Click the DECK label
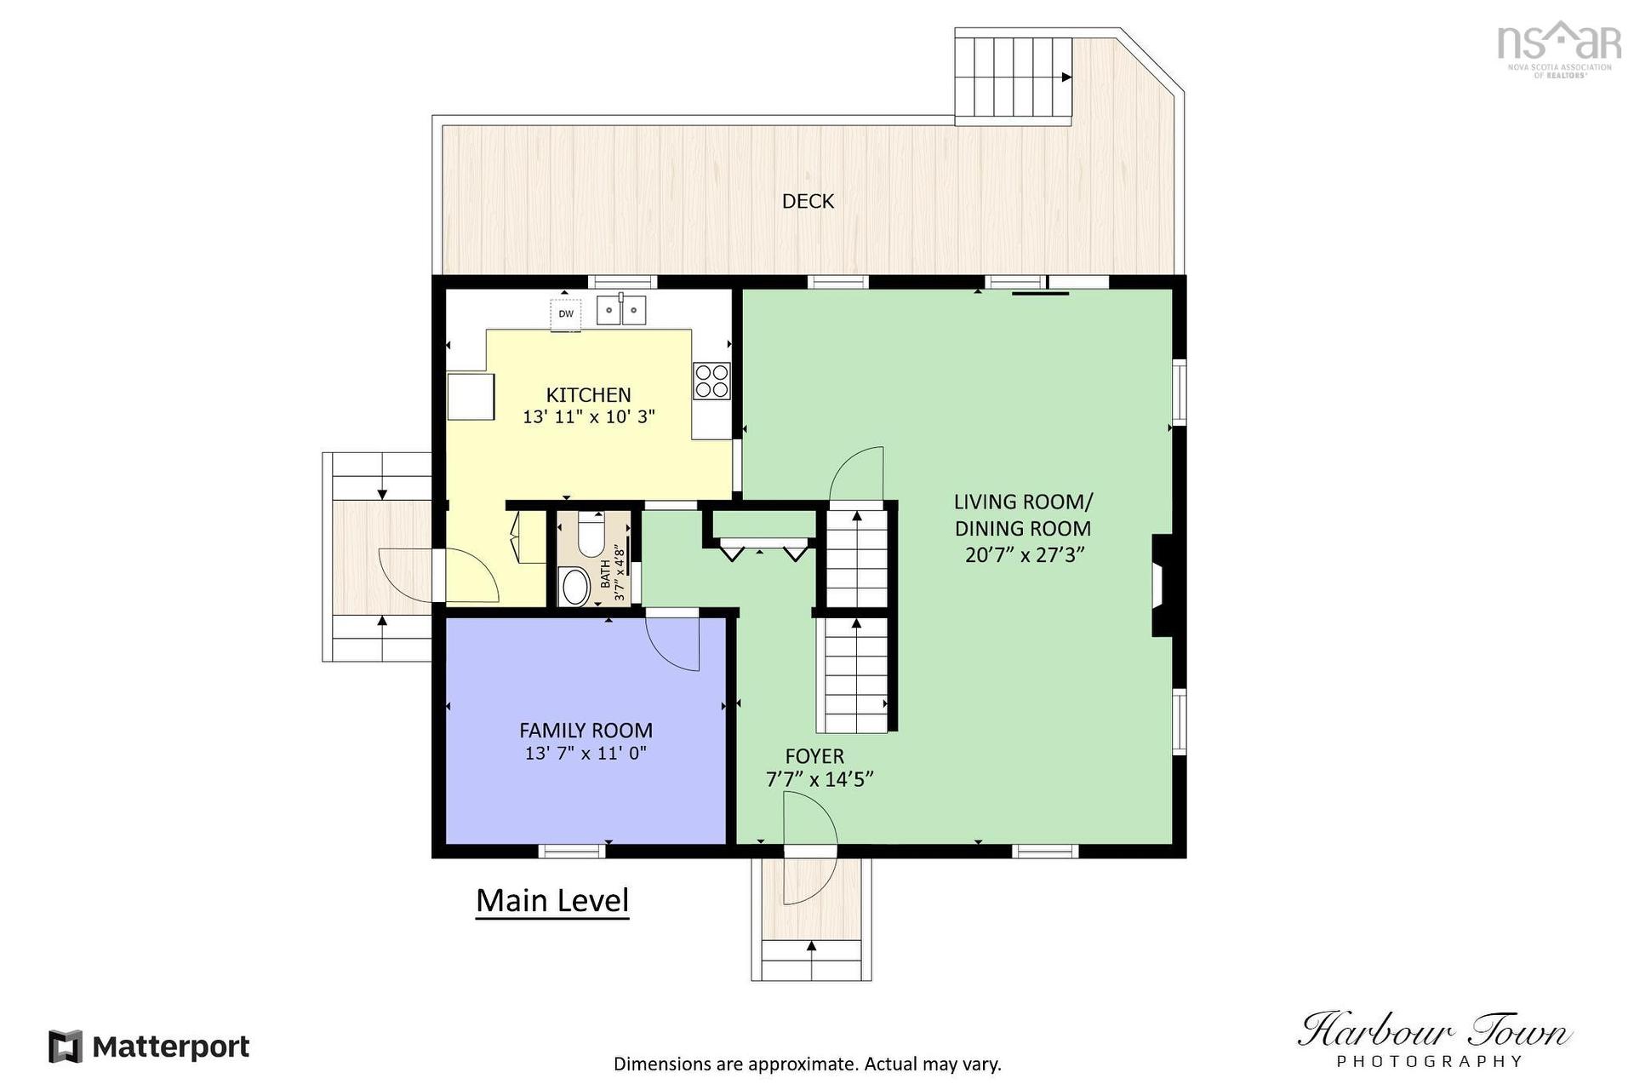(808, 201)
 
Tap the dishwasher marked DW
(566, 313)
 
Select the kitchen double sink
(620, 310)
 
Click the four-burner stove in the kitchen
(711, 381)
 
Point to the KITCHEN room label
(588, 395)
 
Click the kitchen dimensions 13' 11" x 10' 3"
(588, 417)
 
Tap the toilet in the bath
(591, 533)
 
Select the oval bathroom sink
(576, 586)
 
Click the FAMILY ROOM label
(586, 731)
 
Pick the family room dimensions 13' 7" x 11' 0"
(586, 753)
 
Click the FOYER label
(814, 756)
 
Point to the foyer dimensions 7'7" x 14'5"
(820, 779)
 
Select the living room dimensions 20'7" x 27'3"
(1025, 555)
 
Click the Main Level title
(552, 901)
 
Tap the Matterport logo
(149, 1047)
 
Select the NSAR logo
(1559, 49)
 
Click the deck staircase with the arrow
(1013, 77)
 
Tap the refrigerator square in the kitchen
(471, 397)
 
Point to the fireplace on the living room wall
(1163, 586)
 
